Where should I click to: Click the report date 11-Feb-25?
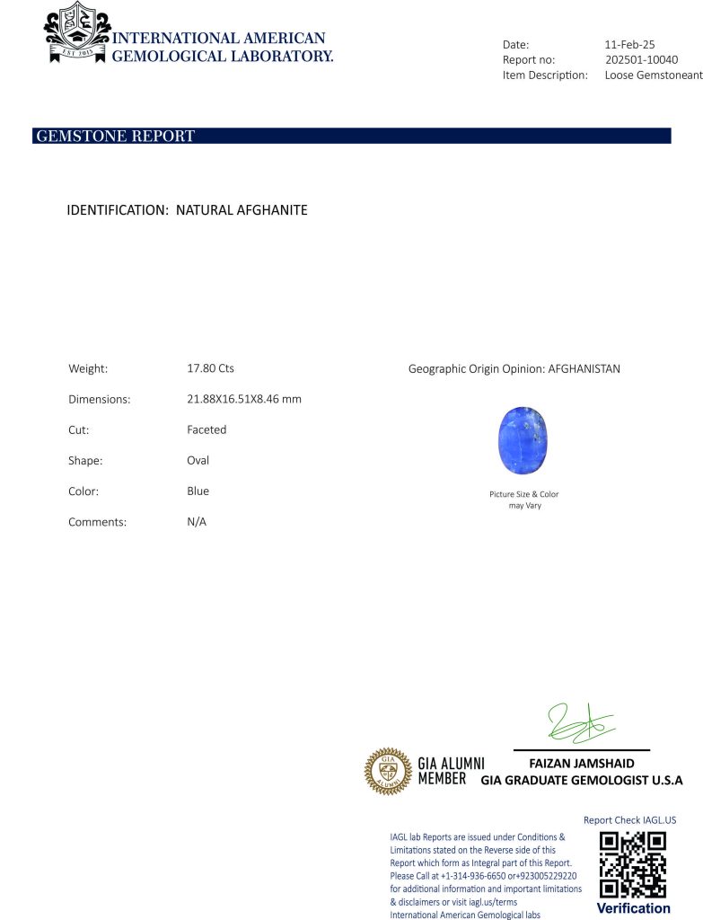point(630,44)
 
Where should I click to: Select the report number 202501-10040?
point(641,59)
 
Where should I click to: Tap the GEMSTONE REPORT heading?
point(115,137)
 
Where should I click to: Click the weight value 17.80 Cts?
point(204,368)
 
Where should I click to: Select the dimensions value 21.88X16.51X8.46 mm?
point(238,399)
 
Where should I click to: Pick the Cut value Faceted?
point(207,429)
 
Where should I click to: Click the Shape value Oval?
point(198,460)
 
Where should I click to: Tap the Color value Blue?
point(198,491)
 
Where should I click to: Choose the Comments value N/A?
point(197,522)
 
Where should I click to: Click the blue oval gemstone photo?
point(523,441)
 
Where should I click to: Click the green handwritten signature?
point(580,722)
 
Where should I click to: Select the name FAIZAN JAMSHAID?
point(582,764)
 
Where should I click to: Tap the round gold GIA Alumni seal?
point(387,771)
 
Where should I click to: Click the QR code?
point(633,864)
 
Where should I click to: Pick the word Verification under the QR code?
point(633,908)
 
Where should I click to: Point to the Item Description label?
point(545,75)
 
